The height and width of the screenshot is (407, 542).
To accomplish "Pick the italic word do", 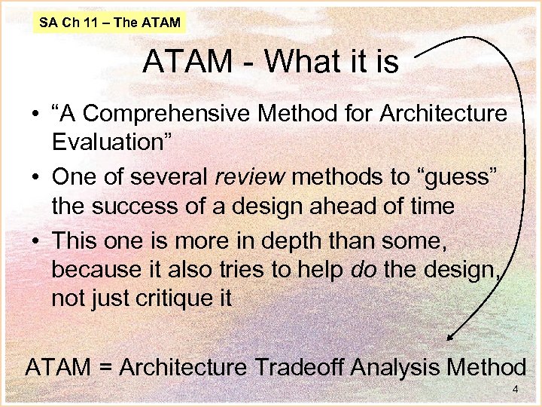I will pos(364,269).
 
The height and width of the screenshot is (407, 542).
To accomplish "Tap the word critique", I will pos(172,298).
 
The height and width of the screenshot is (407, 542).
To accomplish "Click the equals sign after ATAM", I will pos(105,369).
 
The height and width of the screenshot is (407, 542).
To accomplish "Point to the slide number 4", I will pos(516,390).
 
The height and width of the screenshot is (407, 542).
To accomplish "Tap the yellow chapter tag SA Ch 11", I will pos(110,23).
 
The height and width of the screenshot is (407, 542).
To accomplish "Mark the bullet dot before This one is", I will pos(35,240).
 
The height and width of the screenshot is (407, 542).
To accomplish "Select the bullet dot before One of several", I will pos(35,177).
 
